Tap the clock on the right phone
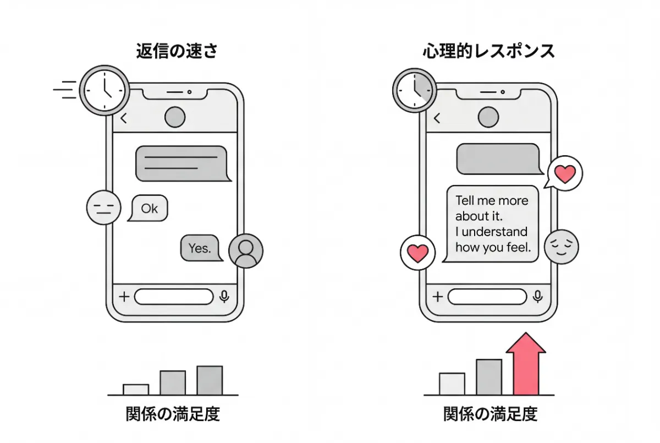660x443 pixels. tap(414, 90)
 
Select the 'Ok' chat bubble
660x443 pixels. tap(148, 209)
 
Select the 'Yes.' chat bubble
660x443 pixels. tap(200, 248)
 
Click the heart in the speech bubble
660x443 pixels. tap(565, 174)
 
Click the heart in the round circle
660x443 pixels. tap(417, 253)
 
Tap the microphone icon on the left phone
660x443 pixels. tap(224, 297)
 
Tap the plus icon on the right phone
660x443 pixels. tap(437, 297)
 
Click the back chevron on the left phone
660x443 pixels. tap(124, 117)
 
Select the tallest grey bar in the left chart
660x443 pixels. tap(210, 380)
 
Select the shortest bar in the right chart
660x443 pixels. tap(452, 384)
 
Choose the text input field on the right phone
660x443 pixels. tap(487, 297)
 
